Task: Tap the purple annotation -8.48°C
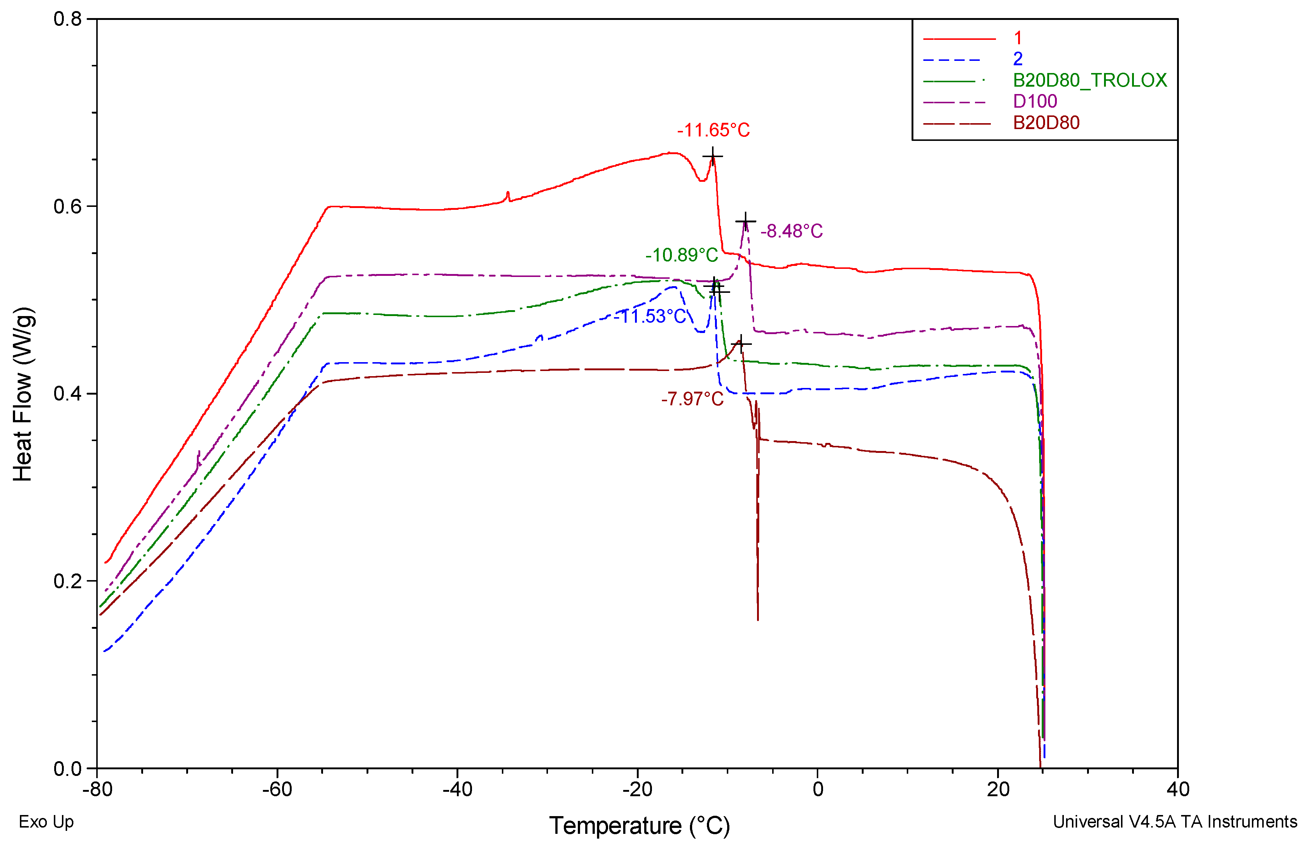tap(791, 231)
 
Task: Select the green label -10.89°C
tap(681, 255)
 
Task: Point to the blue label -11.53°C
tap(650, 316)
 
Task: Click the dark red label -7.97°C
tap(692, 399)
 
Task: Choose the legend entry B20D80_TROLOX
tap(1090, 81)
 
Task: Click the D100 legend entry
tap(1035, 101)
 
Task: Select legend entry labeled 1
tap(1018, 38)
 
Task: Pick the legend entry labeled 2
tap(1018, 59)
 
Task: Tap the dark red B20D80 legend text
tap(1046, 123)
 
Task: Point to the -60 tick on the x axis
tap(277, 790)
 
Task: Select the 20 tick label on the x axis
tap(997, 790)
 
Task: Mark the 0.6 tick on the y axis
tap(67, 207)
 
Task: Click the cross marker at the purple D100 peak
tap(745, 222)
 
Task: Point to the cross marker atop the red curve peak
tap(712, 156)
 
